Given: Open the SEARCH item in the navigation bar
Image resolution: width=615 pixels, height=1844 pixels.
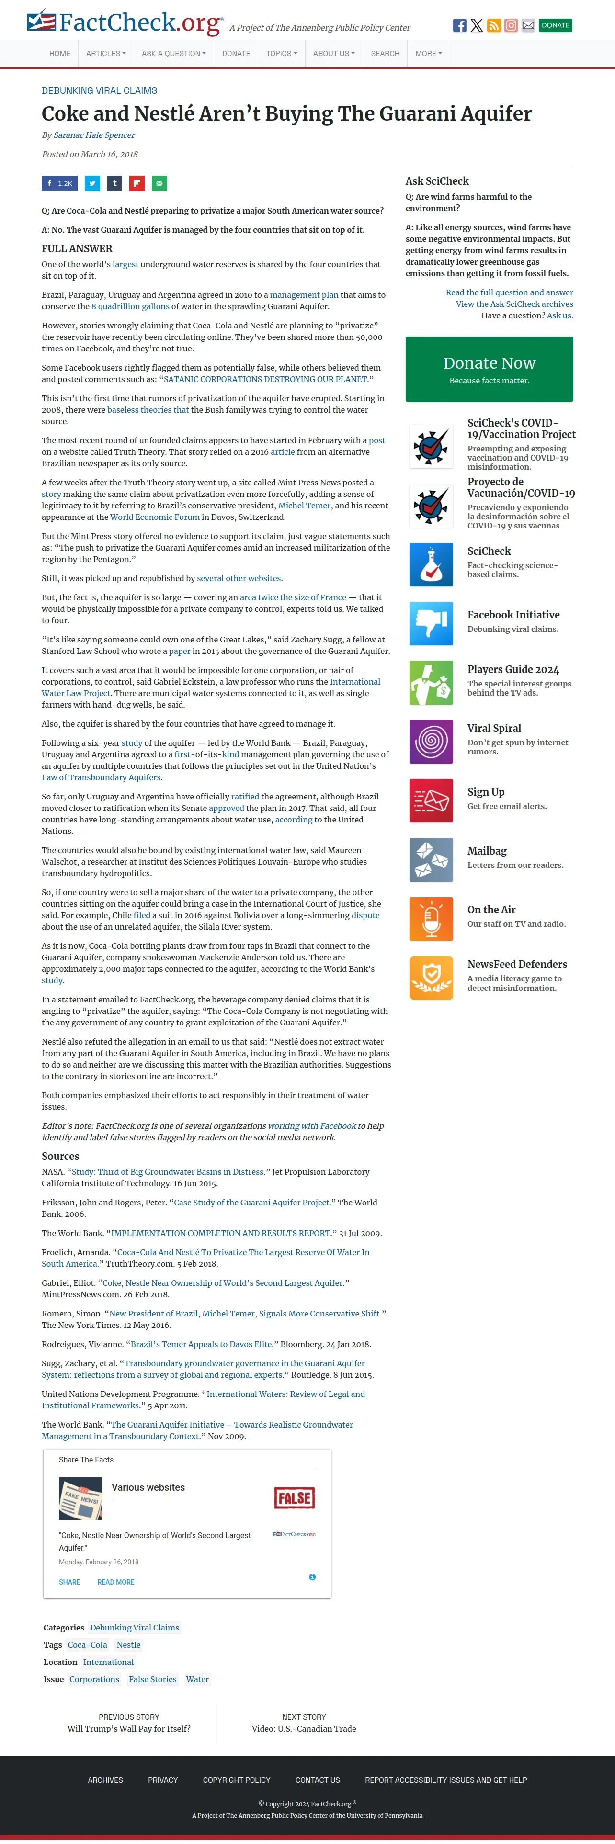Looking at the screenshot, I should coord(385,54).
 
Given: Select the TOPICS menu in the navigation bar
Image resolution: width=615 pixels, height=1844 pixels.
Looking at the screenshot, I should coord(281,54).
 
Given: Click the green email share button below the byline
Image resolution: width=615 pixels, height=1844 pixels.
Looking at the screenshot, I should coord(159,183).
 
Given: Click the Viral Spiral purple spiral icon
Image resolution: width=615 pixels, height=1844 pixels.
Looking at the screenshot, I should coord(431,742).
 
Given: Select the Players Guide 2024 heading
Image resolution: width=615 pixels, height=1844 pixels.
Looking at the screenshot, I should coord(512,669).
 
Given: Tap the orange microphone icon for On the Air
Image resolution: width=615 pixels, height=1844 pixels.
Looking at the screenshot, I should coord(431,919).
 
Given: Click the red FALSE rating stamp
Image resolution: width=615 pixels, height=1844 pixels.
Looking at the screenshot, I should coord(294,1497).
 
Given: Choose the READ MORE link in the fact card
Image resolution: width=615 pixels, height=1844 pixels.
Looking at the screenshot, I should coord(116,1582).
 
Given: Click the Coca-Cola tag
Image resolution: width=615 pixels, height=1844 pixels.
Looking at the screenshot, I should coord(87,1645).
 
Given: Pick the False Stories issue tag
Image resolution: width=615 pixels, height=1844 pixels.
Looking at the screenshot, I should coord(152,1679).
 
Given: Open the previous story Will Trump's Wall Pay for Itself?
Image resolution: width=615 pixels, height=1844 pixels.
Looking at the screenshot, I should coord(129,1728).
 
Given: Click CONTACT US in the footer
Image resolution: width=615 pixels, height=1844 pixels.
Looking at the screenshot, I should coord(317,1779).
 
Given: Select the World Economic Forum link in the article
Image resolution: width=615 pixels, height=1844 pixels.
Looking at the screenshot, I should coord(155,517).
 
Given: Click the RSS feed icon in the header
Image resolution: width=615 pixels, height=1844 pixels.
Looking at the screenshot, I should coord(493,26).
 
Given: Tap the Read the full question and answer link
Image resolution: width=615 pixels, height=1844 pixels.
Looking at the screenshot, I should coord(509,293).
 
